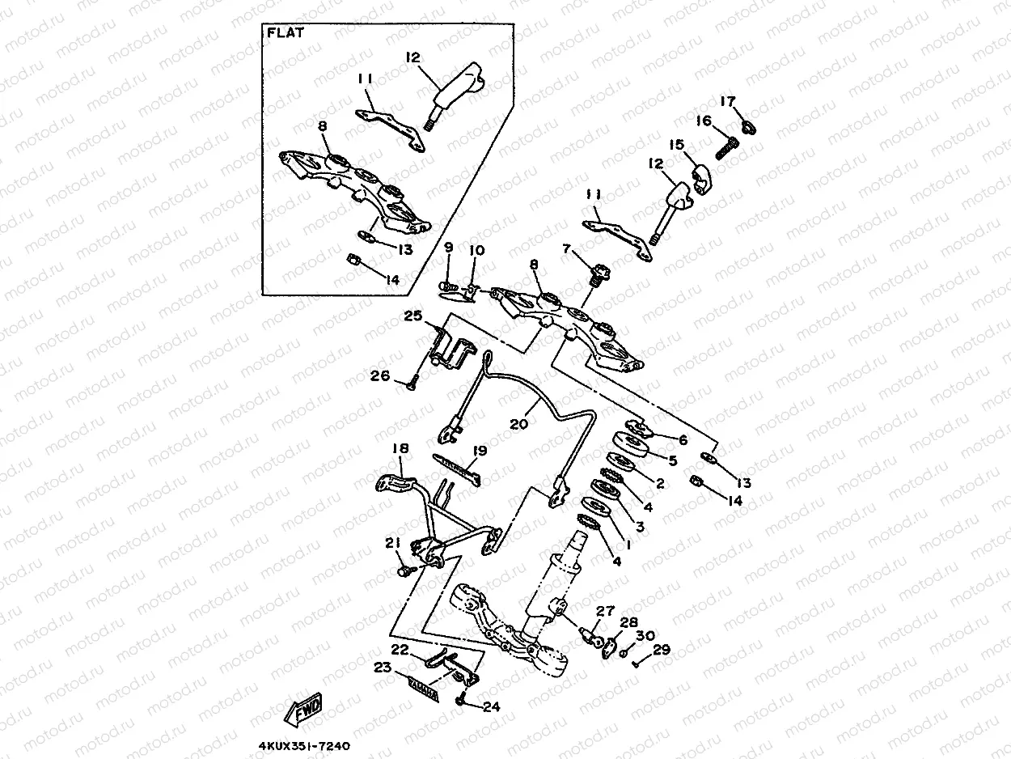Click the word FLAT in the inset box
pyautogui.click(x=284, y=33)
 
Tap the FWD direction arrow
pyautogui.click(x=303, y=712)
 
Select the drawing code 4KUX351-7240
pyautogui.click(x=304, y=746)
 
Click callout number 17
pyautogui.click(x=728, y=102)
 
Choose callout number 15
pyautogui.click(x=676, y=145)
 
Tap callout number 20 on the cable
pyautogui.click(x=519, y=423)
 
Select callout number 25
pyautogui.click(x=449, y=248)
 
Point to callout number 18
pyautogui.click(x=400, y=448)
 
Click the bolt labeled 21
pyautogui.click(x=402, y=571)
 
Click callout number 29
pyautogui.click(x=661, y=650)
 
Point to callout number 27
pyautogui.click(x=605, y=612)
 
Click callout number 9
pyautogui.click(x=449, y=248)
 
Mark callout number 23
pyautogui.click(x=383, y=668)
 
